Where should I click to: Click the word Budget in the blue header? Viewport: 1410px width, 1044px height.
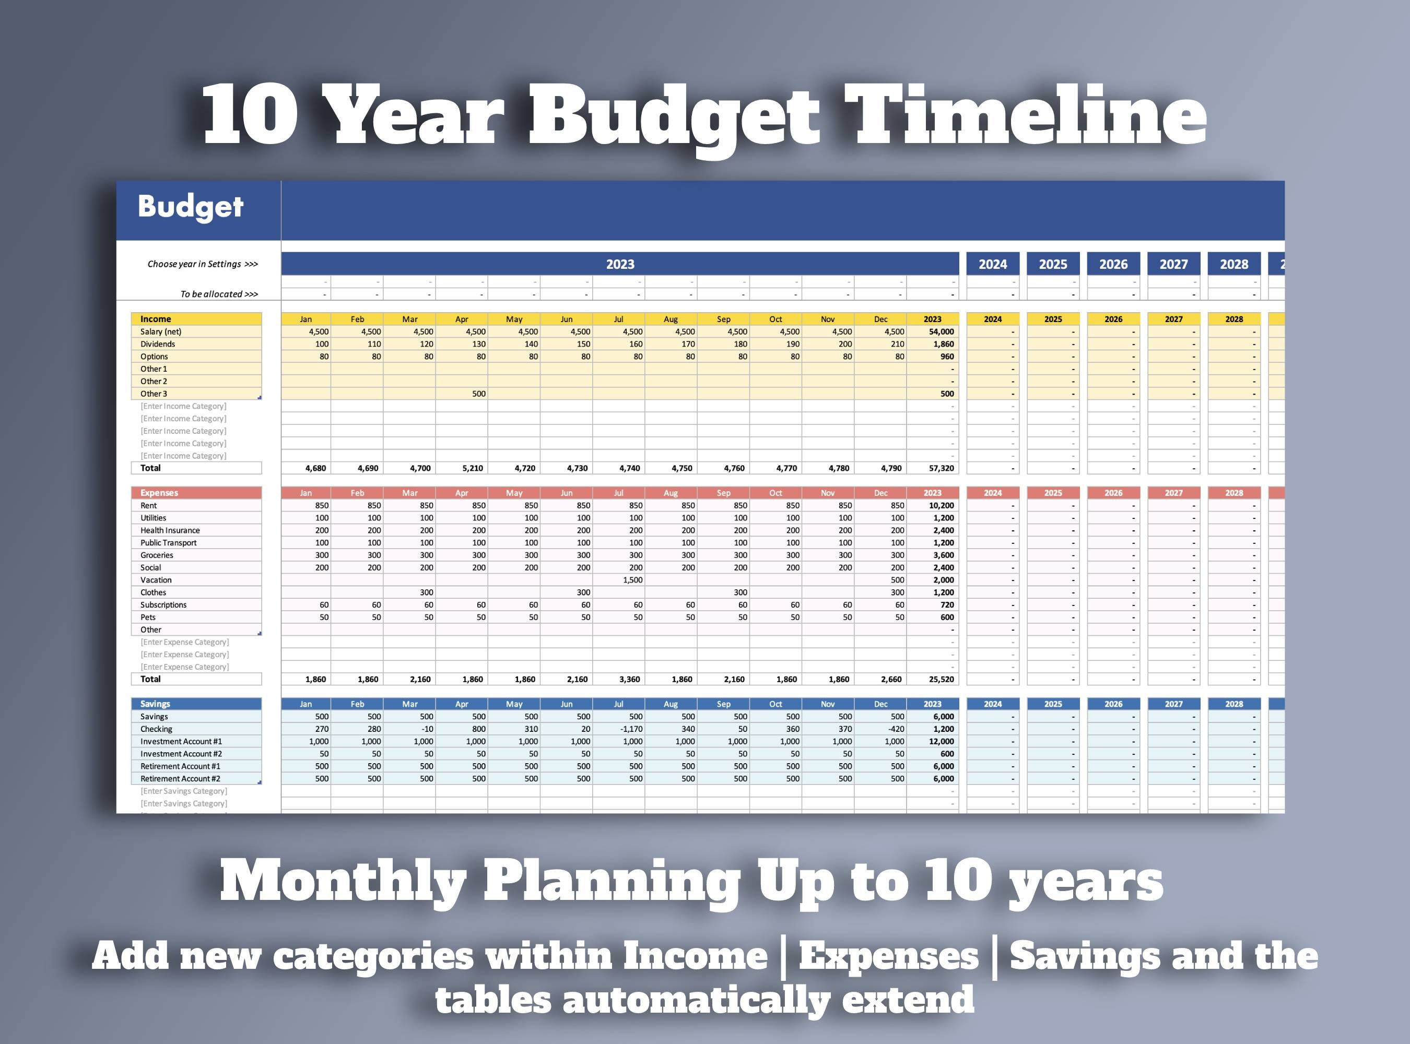[190, 207]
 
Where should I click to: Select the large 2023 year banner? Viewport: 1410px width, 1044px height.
[620, 264]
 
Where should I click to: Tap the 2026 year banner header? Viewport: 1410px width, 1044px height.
[1113, 264]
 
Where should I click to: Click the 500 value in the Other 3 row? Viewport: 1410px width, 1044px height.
[479, 394]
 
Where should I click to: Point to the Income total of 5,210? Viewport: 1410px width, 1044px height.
[472, 468]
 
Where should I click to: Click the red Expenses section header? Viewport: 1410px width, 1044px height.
[159, 493]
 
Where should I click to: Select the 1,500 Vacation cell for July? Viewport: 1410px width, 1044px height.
[632, 580]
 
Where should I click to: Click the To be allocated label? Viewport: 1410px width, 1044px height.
[219, 294]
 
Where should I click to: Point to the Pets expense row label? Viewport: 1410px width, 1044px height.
[148, 618]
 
